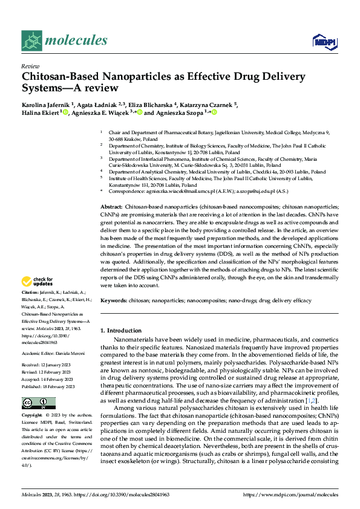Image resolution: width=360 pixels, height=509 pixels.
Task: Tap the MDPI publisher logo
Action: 324,41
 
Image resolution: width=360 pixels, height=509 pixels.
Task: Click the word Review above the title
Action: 30,67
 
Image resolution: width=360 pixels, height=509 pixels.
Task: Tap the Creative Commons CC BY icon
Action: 36,403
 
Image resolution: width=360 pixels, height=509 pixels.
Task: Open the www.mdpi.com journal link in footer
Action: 290,494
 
